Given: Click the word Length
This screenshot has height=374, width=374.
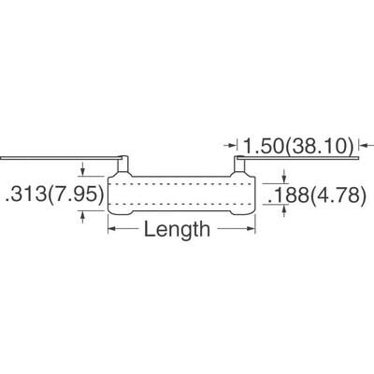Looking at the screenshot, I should (x=176, y=230).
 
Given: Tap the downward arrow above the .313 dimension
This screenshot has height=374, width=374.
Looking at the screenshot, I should (x=85, y=171).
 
